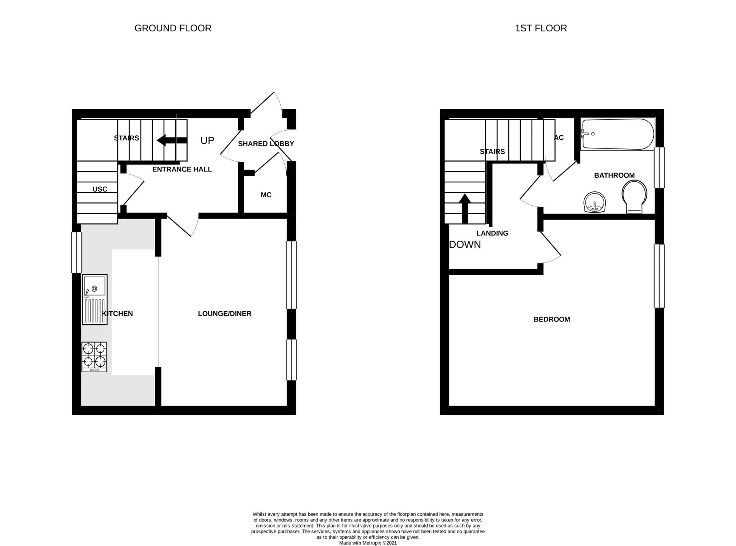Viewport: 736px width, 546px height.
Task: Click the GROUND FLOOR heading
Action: pos(173,28)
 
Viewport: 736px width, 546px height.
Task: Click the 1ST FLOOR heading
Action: pos(541,28)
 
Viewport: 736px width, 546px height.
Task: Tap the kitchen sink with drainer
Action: pos(95,299)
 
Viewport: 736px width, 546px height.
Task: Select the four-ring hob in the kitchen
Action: pos(94,357)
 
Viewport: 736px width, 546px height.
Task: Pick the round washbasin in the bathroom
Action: pos(595,202)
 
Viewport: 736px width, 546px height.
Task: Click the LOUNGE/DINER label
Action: pos(225,313)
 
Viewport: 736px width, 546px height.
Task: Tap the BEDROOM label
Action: pos(552,319)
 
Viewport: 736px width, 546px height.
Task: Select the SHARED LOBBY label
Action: pos(266,144)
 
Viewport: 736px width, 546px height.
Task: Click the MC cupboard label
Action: pos(266,195)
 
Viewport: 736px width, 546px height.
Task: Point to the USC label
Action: pos(100,189)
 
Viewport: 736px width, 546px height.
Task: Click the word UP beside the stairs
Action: pos(207,141)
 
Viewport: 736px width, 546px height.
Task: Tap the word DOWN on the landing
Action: pos(465,245)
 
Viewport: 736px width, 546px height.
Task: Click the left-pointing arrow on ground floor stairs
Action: pos(172,140)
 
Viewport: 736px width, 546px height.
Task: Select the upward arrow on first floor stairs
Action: pos(465,208)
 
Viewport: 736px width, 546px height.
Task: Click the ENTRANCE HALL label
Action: pos(182,169)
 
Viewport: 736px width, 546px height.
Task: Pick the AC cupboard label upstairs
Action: pos(559,138)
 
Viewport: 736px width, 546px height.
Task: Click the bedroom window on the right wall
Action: pos(659,276)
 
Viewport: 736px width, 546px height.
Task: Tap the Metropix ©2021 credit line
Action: pos(368,543)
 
